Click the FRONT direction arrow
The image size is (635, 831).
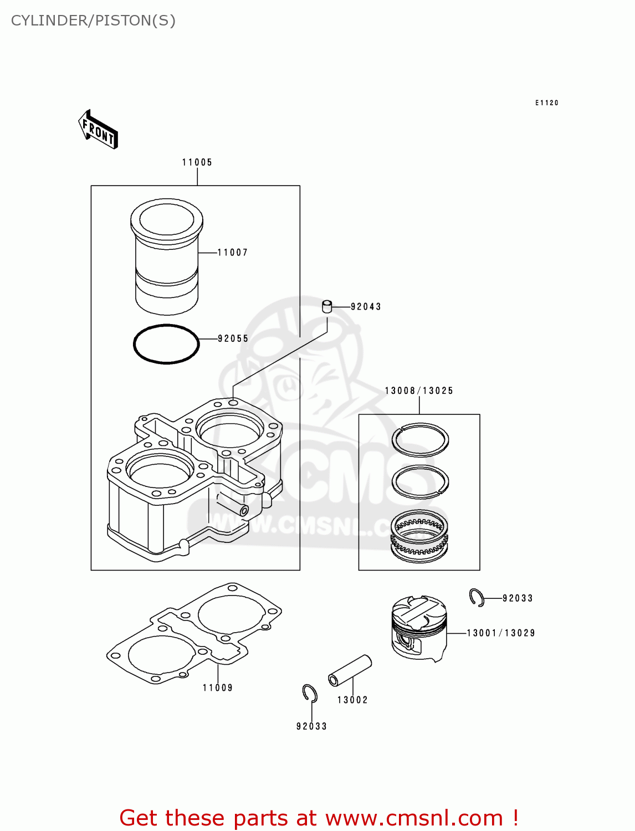click(x=98, y=130)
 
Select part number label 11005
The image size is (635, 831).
click(x=197, y=162)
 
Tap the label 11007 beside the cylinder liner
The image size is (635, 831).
click(x=233, y=253)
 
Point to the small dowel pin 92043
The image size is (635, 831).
click(x=327, y=306)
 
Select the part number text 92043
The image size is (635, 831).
click(x=366, y=307)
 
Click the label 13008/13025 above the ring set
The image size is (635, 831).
click(x=419, y=391)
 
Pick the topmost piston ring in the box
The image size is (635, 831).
click(x=420, y=439)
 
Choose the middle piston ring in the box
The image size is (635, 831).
click(x=420, y=481)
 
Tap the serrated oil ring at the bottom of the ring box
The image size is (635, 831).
click(x=419, y=533)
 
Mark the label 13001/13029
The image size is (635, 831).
click(x=501, y=633)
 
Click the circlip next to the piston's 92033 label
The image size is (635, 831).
click(x=477, y=597)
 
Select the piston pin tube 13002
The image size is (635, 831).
click(x=350, y=670)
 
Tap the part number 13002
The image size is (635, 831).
click(x=352, y=700)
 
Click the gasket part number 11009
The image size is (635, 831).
click(x=218, y=688)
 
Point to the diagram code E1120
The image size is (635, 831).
click(x=547, y=103)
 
